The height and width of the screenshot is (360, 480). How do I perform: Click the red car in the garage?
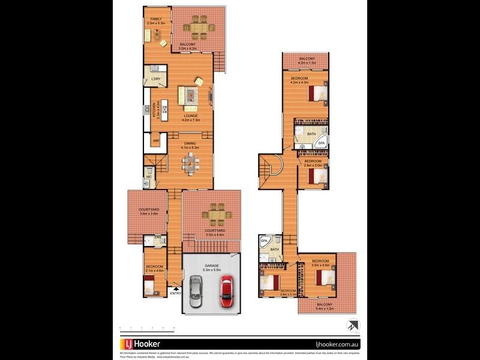click(x=226, y=291)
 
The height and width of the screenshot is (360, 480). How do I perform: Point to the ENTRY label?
click(x=175, y=293)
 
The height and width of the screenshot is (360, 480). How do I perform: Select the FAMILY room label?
click(x=155, y=19)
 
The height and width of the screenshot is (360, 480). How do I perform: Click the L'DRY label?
click(x=156, y=79)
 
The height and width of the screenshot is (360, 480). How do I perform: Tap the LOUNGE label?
click(x=191, y=116)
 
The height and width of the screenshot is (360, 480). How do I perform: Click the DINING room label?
click(x=190, y=143)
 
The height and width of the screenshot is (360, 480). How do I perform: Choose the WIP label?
click(x=155, y=141)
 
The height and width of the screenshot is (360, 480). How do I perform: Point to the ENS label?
click(x=158, y=238)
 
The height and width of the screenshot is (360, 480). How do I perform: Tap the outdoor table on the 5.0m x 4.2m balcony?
click(x=197, y=26)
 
